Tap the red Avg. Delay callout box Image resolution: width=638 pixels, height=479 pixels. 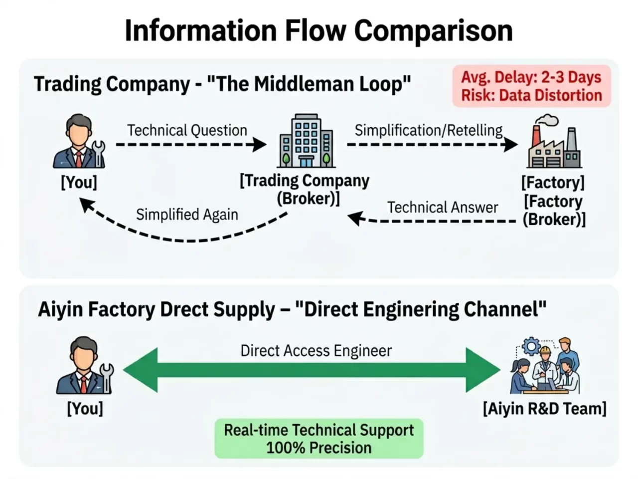click(531, 86)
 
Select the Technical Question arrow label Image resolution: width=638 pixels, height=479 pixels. click(187, 130)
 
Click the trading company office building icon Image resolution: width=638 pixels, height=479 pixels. click(306, 140)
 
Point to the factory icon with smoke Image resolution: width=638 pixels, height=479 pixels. click(553, 143)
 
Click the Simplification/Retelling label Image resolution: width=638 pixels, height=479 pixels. click(429, 130)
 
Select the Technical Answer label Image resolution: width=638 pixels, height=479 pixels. click(443, 207)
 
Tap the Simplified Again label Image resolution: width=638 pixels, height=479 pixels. click(187, 214)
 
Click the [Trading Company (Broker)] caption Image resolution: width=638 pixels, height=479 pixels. click(305, 189)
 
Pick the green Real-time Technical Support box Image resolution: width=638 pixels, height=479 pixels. click(319, 439)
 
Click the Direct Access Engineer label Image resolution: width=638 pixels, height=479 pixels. click(316, 351)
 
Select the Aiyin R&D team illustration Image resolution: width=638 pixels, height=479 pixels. click(545, 367)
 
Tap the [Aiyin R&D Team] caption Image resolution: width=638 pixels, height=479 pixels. click(544, 409)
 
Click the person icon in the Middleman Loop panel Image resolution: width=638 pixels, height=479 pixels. click(80, 142)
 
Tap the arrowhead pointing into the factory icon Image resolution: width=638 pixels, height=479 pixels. click(511, 145)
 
